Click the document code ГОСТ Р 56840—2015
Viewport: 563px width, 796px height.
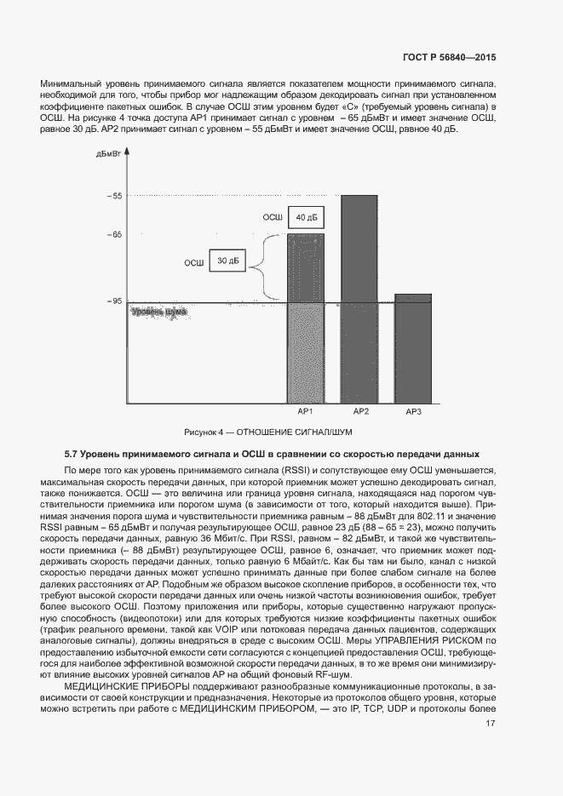tap(448, 57)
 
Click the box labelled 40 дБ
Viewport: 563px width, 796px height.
tap(305, 219)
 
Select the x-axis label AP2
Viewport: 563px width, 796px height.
tap(360, 412)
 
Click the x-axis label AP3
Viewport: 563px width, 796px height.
tap(414, 412)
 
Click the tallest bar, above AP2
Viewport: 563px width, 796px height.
tap(359, 298)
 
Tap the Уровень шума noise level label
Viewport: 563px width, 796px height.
tap(158, 312)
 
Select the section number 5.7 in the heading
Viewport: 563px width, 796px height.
tap(71, 454)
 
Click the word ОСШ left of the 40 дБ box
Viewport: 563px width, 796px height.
tap(272, 219)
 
